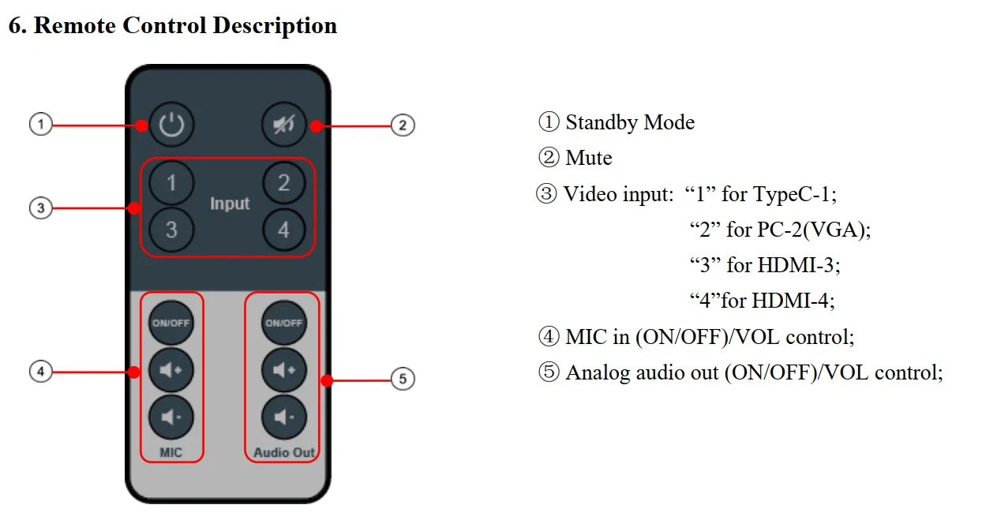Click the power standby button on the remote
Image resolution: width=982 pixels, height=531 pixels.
(x=171, y=125)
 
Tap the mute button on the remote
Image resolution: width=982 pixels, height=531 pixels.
(x=283, y=125)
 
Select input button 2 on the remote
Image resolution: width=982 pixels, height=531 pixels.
(x=283, y=184)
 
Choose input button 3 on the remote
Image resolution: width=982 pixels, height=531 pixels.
(x=171, y=230)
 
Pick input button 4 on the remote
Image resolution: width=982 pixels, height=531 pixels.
(x=283, y=230)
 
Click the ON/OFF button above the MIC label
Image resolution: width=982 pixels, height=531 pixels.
(x=171, y=323)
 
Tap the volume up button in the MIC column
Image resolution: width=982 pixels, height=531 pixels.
(x=171, y=369)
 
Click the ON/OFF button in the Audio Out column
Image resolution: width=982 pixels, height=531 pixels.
(x=283, y=323)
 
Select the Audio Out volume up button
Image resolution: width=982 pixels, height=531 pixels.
(x=283, y=369)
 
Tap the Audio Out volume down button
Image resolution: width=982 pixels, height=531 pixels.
(x=283, y=416)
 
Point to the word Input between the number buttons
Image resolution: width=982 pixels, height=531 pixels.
(x=230, y=204)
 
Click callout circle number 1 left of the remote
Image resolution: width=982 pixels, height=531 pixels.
(x=40, y=124)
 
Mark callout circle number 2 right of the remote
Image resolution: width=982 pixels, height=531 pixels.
(x=403, y=125)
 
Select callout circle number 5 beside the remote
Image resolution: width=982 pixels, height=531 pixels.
(x=403, y=380)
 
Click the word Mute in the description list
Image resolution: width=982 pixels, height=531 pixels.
(x=589, y=159)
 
